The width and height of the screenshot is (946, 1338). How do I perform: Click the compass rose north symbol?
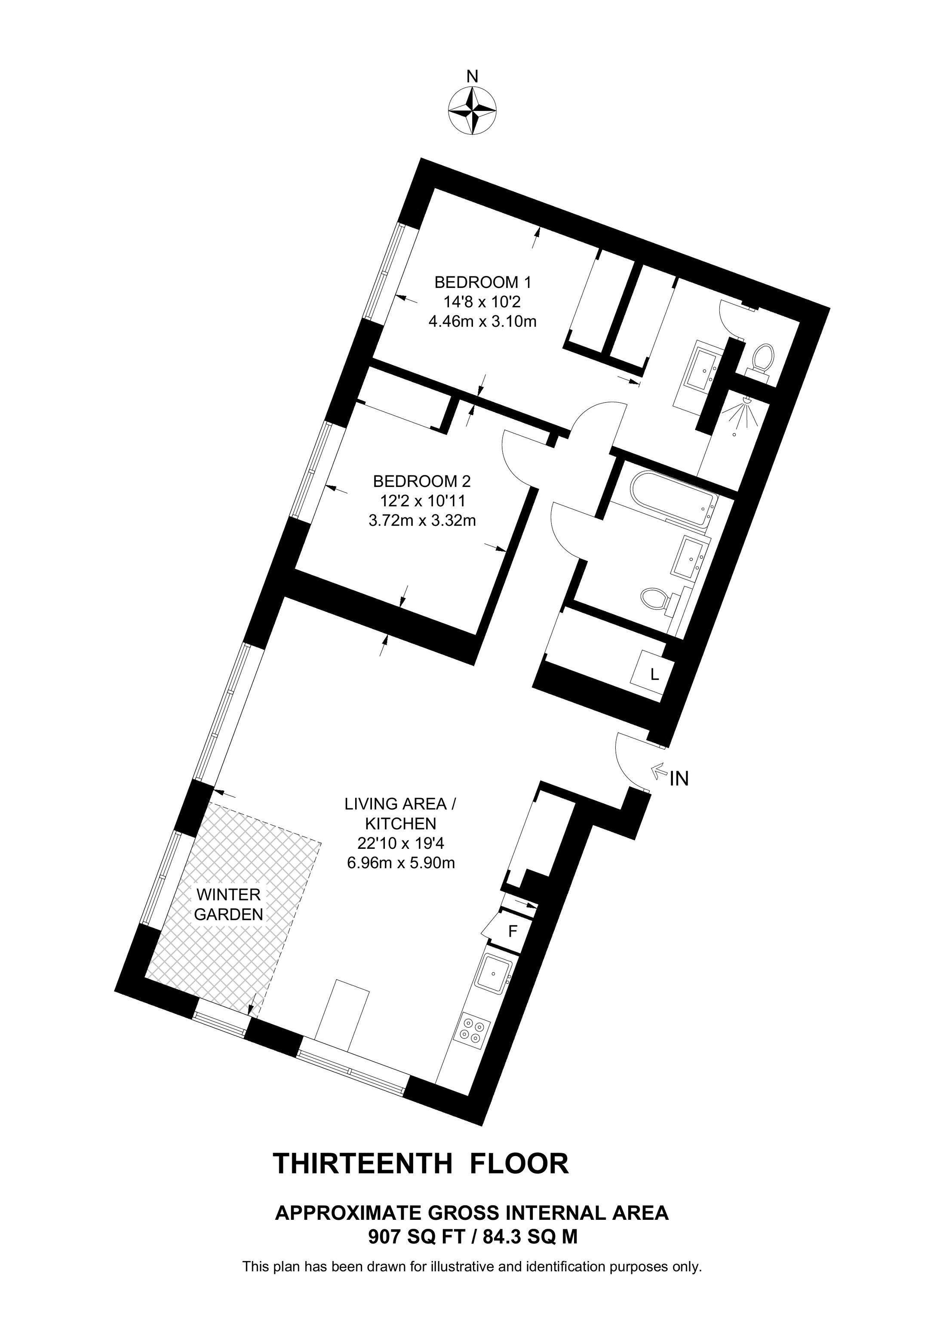(x=472, y=111)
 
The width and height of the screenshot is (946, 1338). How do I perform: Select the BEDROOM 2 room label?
(x=421, y=481)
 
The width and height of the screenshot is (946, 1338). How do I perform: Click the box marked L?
(x=654, y=675)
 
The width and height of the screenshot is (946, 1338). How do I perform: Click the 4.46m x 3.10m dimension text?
(x=482, y=321)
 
